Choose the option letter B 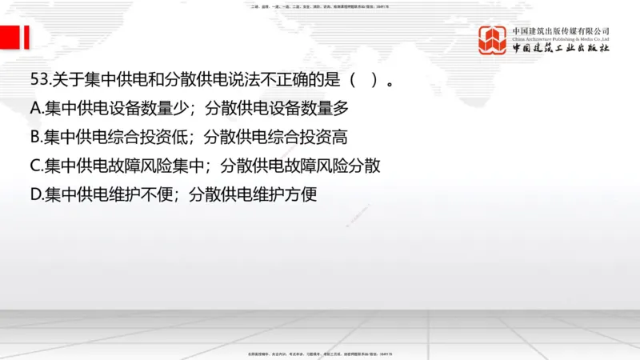pyautogui.click(x=35, y=137)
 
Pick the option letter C pyautogui.click(x=35, y=166)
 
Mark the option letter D pyautogui.click(x=36, y=194)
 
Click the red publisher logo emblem pyautogui.click(x=493, y=39)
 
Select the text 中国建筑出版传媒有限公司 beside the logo pyautogui.click(x=561, y=30)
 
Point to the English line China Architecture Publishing pyautogui.click(x=561, y=39)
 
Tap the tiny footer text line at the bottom pyautogui.click(x=320, y=353)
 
